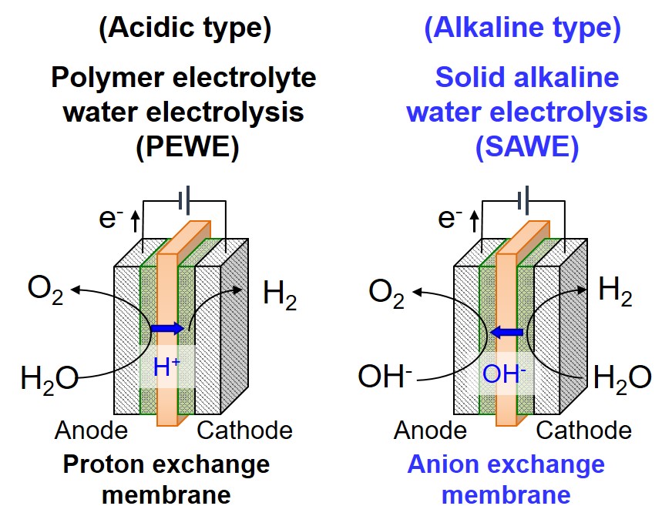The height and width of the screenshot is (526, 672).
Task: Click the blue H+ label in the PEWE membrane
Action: [166, 367]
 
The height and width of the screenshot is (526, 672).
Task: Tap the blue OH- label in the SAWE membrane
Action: [505, 374]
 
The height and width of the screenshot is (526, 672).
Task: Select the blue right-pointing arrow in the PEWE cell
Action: [167, 328]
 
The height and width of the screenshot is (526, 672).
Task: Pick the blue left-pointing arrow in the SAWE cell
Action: [507, 333]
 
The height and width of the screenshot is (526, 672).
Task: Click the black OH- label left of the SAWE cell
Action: [385, 377]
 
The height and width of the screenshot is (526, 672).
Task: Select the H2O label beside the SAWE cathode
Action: [622, 377]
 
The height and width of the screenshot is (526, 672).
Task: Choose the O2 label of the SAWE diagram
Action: [386, 293]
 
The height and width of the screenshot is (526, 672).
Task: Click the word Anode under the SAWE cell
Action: [430, 430]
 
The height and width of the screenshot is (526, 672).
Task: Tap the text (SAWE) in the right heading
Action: [527, 147]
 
